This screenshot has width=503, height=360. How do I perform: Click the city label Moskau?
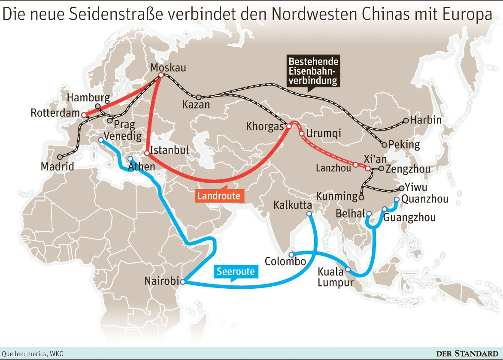pos(169,67)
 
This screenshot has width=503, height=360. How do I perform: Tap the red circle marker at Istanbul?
pos(147,153)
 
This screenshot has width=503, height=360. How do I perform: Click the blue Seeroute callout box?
pos(236,271)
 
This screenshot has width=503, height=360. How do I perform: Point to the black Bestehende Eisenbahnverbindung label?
pos(313,70)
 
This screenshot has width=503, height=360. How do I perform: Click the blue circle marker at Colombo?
pos(291,254)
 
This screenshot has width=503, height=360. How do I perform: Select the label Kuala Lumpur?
pos(336,277)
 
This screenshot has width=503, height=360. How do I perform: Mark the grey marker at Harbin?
pos(406,121)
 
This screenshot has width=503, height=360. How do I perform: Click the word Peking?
pos(404,145)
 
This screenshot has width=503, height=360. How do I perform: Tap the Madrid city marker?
pos(60,157)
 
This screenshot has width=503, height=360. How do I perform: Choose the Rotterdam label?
pos(55,114)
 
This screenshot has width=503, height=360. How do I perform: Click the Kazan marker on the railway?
pos(198,97)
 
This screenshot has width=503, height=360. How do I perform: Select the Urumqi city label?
pos(324,133)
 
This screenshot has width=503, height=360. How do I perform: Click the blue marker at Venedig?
pos(100,139)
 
